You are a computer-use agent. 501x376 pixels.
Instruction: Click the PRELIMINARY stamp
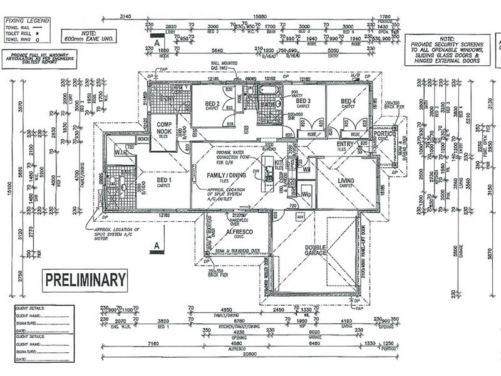pos(85,279)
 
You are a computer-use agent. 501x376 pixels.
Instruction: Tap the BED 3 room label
pos(304,102)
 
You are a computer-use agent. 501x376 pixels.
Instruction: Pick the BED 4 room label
pos(349,102)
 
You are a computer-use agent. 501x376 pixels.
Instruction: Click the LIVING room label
pos(346,182)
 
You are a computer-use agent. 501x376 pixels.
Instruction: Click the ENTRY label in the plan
pos(345,145)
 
